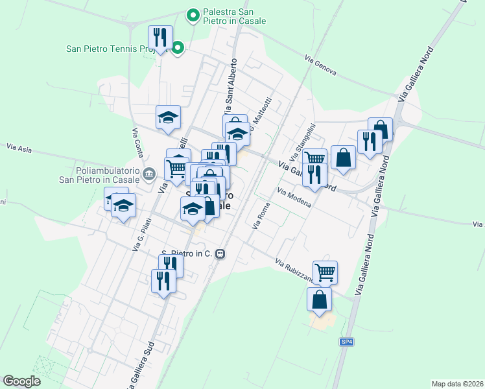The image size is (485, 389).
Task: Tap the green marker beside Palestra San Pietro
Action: pos(193,14)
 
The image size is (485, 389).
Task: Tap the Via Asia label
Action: pos(19,148)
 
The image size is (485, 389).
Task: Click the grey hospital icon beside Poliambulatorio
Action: pos(150,174)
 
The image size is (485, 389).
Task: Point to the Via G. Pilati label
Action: pos(138,234)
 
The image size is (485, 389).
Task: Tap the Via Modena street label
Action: pos(294,198)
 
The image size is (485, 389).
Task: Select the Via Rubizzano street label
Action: pos(294,272)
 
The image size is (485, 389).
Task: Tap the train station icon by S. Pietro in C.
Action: pos(221,253)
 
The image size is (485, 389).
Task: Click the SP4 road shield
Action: pos(347,342)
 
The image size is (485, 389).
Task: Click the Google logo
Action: pos(21,381)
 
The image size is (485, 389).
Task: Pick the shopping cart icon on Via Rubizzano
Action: pos(325,271)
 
